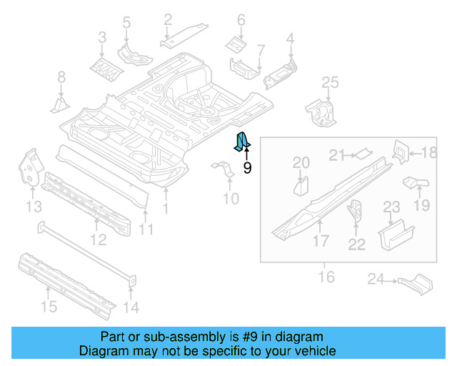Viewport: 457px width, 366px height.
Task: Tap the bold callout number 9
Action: pyautogui.click(x=247, y=168)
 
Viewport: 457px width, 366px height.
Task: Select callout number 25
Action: pyautogui.click(x=329, y=84)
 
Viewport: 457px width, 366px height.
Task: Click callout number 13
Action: pyautogui.click(x=34, y=207)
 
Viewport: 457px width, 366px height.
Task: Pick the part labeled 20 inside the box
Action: pyautogui.click(x=301, y=187)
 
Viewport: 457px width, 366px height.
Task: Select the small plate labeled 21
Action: pyautogui.click(x=363, y=152)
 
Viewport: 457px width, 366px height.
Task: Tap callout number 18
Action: pyautogui.click(x=428, y=152)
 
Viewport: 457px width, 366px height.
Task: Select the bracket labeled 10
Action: pyautogui.click(x=223, y=172)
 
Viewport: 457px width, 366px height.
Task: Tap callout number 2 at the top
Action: pyautogui.click(x=168, y=19)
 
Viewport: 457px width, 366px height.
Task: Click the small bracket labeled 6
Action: pyautogui.click(x=237, y=44)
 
